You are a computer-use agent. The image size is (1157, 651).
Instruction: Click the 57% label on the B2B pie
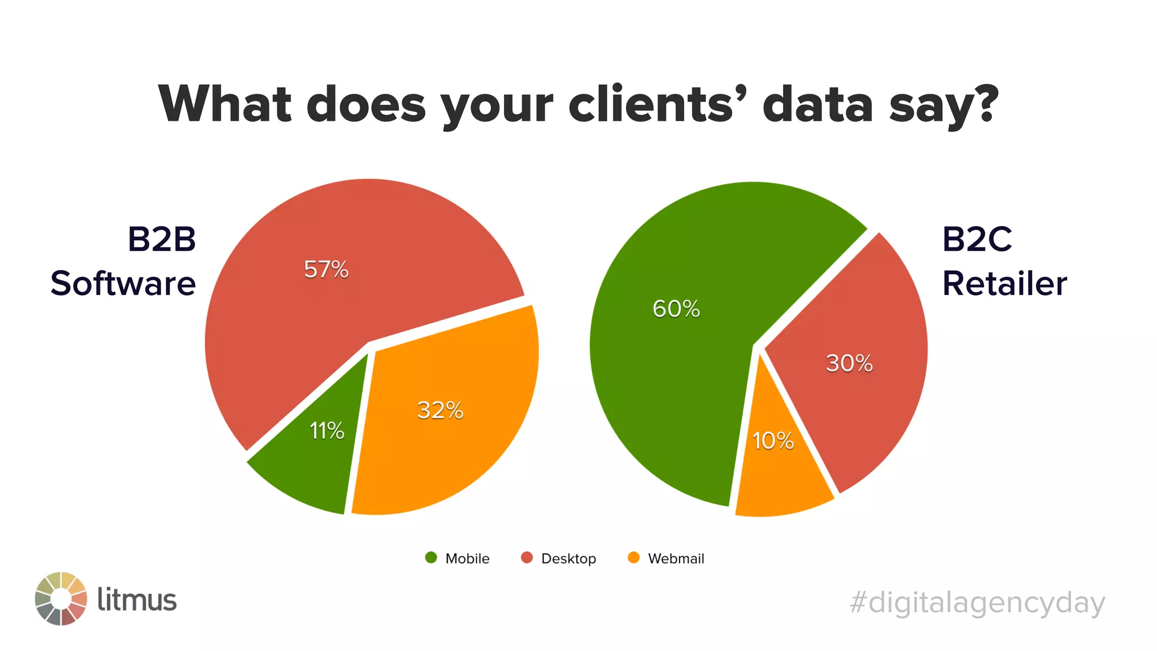click(326, 269)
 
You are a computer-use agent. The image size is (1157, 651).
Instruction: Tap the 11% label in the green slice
click(327, 431)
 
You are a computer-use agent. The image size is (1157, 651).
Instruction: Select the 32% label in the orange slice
click(440, 410)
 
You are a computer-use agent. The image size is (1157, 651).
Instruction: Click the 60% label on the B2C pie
click(676, 309)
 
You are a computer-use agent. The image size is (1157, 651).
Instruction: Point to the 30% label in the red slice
click(849, 363)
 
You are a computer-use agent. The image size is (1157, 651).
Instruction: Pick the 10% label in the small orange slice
click(773, 440)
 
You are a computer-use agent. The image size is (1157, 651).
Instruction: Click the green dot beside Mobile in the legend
click(431, 558)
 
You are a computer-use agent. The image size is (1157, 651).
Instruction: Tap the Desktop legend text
click(568, 558)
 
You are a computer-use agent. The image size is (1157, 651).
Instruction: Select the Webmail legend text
click(676, 558)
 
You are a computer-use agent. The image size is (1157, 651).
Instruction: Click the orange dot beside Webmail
click(634, 558)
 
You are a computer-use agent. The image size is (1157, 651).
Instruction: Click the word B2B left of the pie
click(162, 239)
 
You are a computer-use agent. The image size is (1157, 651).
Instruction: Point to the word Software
click(123, 283)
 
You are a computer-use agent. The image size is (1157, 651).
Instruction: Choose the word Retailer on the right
click(1004, 283)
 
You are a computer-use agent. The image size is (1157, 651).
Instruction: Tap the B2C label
click(977, 239)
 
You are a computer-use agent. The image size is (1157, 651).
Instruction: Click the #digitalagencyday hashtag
click(977, 602)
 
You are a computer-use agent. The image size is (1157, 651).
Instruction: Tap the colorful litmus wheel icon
click(61, 599)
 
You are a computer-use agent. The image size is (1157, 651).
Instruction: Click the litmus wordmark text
click(137, 600)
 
